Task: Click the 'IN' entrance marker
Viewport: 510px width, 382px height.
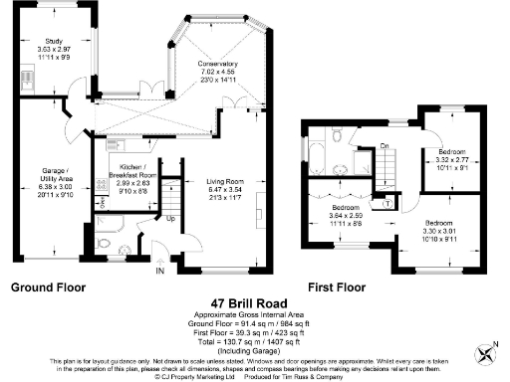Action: coord(158,269)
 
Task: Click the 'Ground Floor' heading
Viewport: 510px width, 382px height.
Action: coord(48,286)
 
